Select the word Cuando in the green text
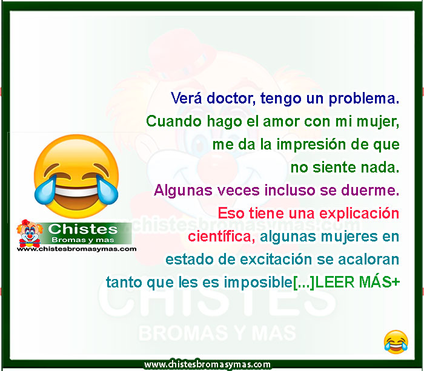[174, 121]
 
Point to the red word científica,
[222, 237]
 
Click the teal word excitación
[276, 260]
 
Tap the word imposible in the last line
[258, 283]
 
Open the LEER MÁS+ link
[357, 283]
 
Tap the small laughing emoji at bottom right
[396, 342]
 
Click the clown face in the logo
[30, 233]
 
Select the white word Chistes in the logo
[83, 229]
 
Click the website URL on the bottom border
[207, 365]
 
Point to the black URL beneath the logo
[76, 249]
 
